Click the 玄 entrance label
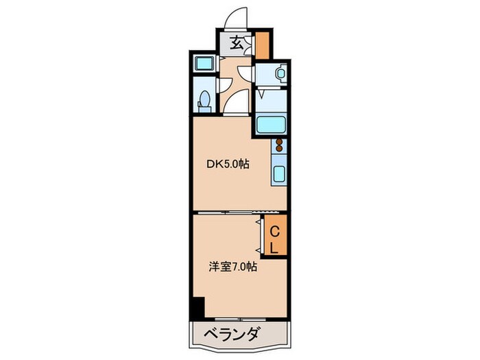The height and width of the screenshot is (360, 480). (x=236, y=44)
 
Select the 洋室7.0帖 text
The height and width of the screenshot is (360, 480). (x=233, y=267)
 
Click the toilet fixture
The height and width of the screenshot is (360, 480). (x=204, y=101)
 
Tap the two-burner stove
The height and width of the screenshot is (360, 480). (x=279, y=145)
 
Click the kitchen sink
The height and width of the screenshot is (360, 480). (x=279, y=173)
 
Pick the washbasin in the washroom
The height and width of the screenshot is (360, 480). (x=280, y=73)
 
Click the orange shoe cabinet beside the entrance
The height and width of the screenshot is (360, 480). (x=263, y=45)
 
